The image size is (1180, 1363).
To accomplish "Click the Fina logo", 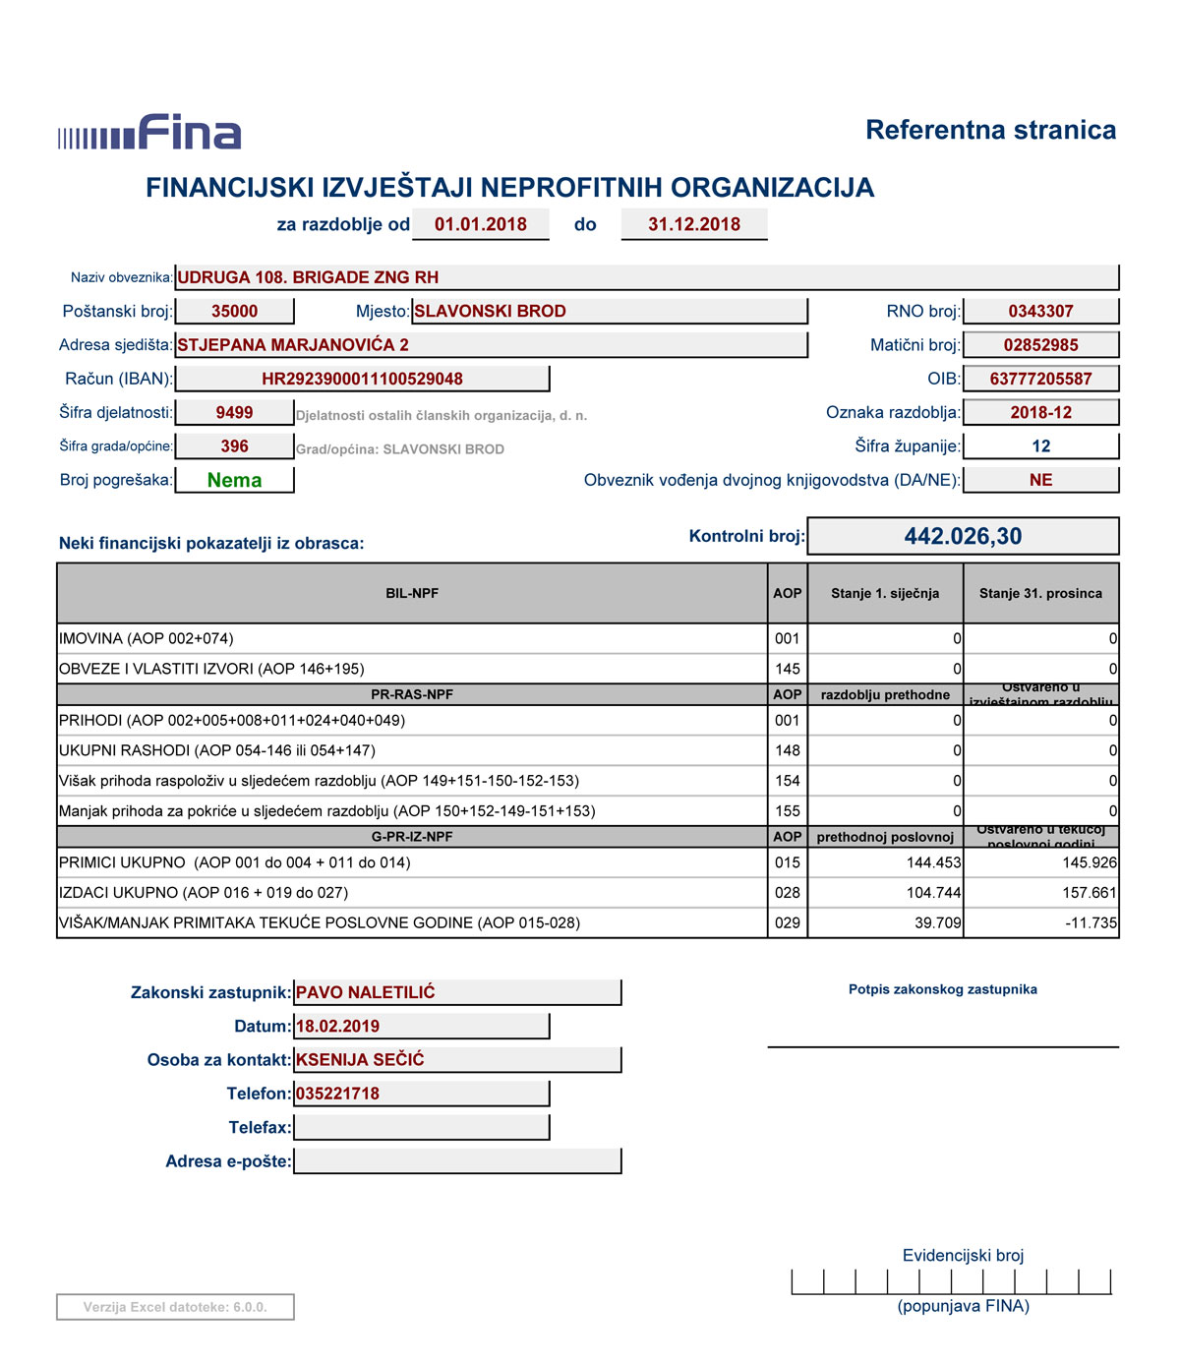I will coord(149,133).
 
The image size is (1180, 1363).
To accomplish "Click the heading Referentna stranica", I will coord(990,130).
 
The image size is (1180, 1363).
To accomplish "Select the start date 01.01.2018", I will coord(480,224).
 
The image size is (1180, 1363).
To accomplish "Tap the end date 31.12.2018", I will coord(693,224).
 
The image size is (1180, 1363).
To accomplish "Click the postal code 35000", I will coord(234,312).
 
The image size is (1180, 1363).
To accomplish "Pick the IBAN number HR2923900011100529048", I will coord(362,379).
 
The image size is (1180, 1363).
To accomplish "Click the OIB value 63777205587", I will coord(1040,379).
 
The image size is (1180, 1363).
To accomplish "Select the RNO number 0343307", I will coord(1040,312).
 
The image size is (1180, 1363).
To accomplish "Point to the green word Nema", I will coord(234,480).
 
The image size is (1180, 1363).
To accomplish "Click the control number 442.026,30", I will coord(963,536).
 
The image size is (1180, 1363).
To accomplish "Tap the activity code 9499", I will coord(234,413).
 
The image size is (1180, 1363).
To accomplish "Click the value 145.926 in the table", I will coord(1089,862).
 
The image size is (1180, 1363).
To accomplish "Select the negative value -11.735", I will coord(1091,923).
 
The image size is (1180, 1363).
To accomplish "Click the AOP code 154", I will coord(787,781).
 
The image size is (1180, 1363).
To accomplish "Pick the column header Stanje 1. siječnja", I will coord(884,593).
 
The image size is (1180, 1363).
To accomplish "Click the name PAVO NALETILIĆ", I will coord(366,992).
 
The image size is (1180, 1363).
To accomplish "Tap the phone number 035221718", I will coord(337,1094).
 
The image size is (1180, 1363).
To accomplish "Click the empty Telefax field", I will coord(421,1127).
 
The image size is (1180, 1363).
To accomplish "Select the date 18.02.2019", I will coord(337,1026).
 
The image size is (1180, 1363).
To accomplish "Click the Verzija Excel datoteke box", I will coord(175,1307).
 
